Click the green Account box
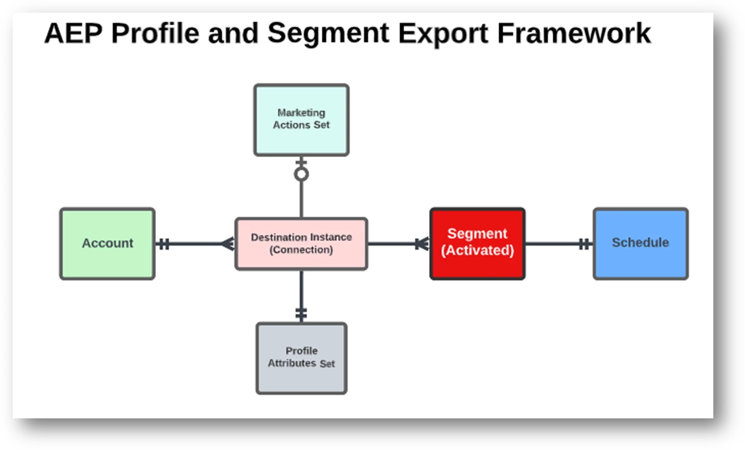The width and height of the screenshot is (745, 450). (107, 244)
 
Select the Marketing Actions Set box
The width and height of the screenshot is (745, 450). (301, 120)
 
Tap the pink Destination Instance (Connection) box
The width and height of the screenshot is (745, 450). (301, 243)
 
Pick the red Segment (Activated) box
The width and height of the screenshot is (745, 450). (477, 244)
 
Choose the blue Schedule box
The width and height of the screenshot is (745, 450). (640, 244)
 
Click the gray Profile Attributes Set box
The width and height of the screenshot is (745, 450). (301, 358)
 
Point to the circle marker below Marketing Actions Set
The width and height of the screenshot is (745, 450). (301, 174)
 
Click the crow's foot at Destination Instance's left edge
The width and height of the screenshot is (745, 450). (229, 244)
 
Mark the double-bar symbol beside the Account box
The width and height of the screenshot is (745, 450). (164, 244)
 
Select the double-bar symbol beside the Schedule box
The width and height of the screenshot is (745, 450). (584, 244)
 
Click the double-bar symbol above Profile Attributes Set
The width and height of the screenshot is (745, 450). (301, 314)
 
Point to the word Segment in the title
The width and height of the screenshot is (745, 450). (328, 33)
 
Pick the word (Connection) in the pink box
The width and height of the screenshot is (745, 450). (301, 250)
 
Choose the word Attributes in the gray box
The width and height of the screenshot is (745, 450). (292, 363)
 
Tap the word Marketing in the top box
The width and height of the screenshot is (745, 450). (301, 113)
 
